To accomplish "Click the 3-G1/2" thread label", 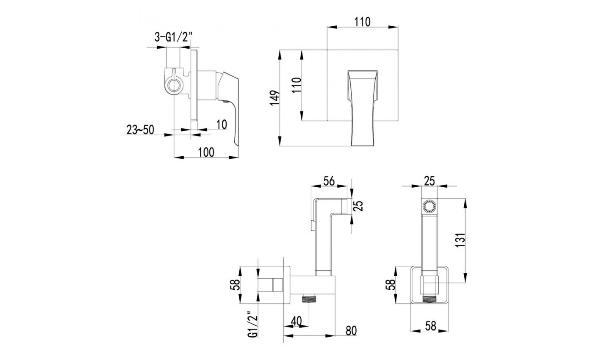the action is pyautogui.click(x=173, y=38).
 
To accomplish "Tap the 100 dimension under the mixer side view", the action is pyautogui.click(x=206, y=152).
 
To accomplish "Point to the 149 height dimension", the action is pyautogui.click(x=275, y=98).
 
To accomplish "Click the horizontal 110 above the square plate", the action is pyautogui.click(x=363, y=22).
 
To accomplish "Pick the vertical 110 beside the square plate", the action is pyautogui.click(x=296, y=85).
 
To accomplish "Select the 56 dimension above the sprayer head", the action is pyautogui.click(x=329, y=181).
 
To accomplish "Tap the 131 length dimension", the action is pyautogui.click(x=460, y=240).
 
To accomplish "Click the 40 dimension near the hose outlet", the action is pyautogui.click(x=296, y=321).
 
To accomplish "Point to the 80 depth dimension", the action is pyautogui.click(x=351, y=331).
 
